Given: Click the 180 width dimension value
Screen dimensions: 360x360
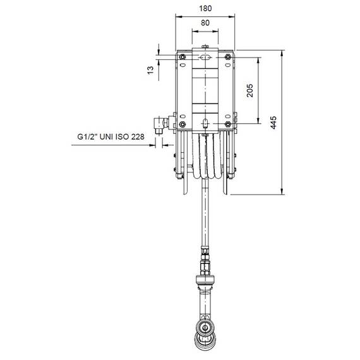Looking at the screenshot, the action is coord(205,8).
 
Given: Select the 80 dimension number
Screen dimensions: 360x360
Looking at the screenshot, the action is coord(205,23).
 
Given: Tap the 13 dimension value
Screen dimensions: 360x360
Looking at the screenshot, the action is coord(150,70).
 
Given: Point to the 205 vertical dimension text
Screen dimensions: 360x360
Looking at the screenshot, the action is coord(250,90).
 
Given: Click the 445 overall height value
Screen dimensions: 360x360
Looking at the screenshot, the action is coord(273,123).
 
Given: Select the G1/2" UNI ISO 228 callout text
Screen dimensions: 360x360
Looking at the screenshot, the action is coord(111,136).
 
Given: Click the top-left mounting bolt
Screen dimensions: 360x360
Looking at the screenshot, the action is coord(183,57).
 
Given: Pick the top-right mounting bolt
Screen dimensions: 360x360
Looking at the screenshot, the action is coord(227,57).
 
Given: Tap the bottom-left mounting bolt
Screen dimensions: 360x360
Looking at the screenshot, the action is coord(183,124).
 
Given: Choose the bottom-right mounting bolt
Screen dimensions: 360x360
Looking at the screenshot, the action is coord(227,124).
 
